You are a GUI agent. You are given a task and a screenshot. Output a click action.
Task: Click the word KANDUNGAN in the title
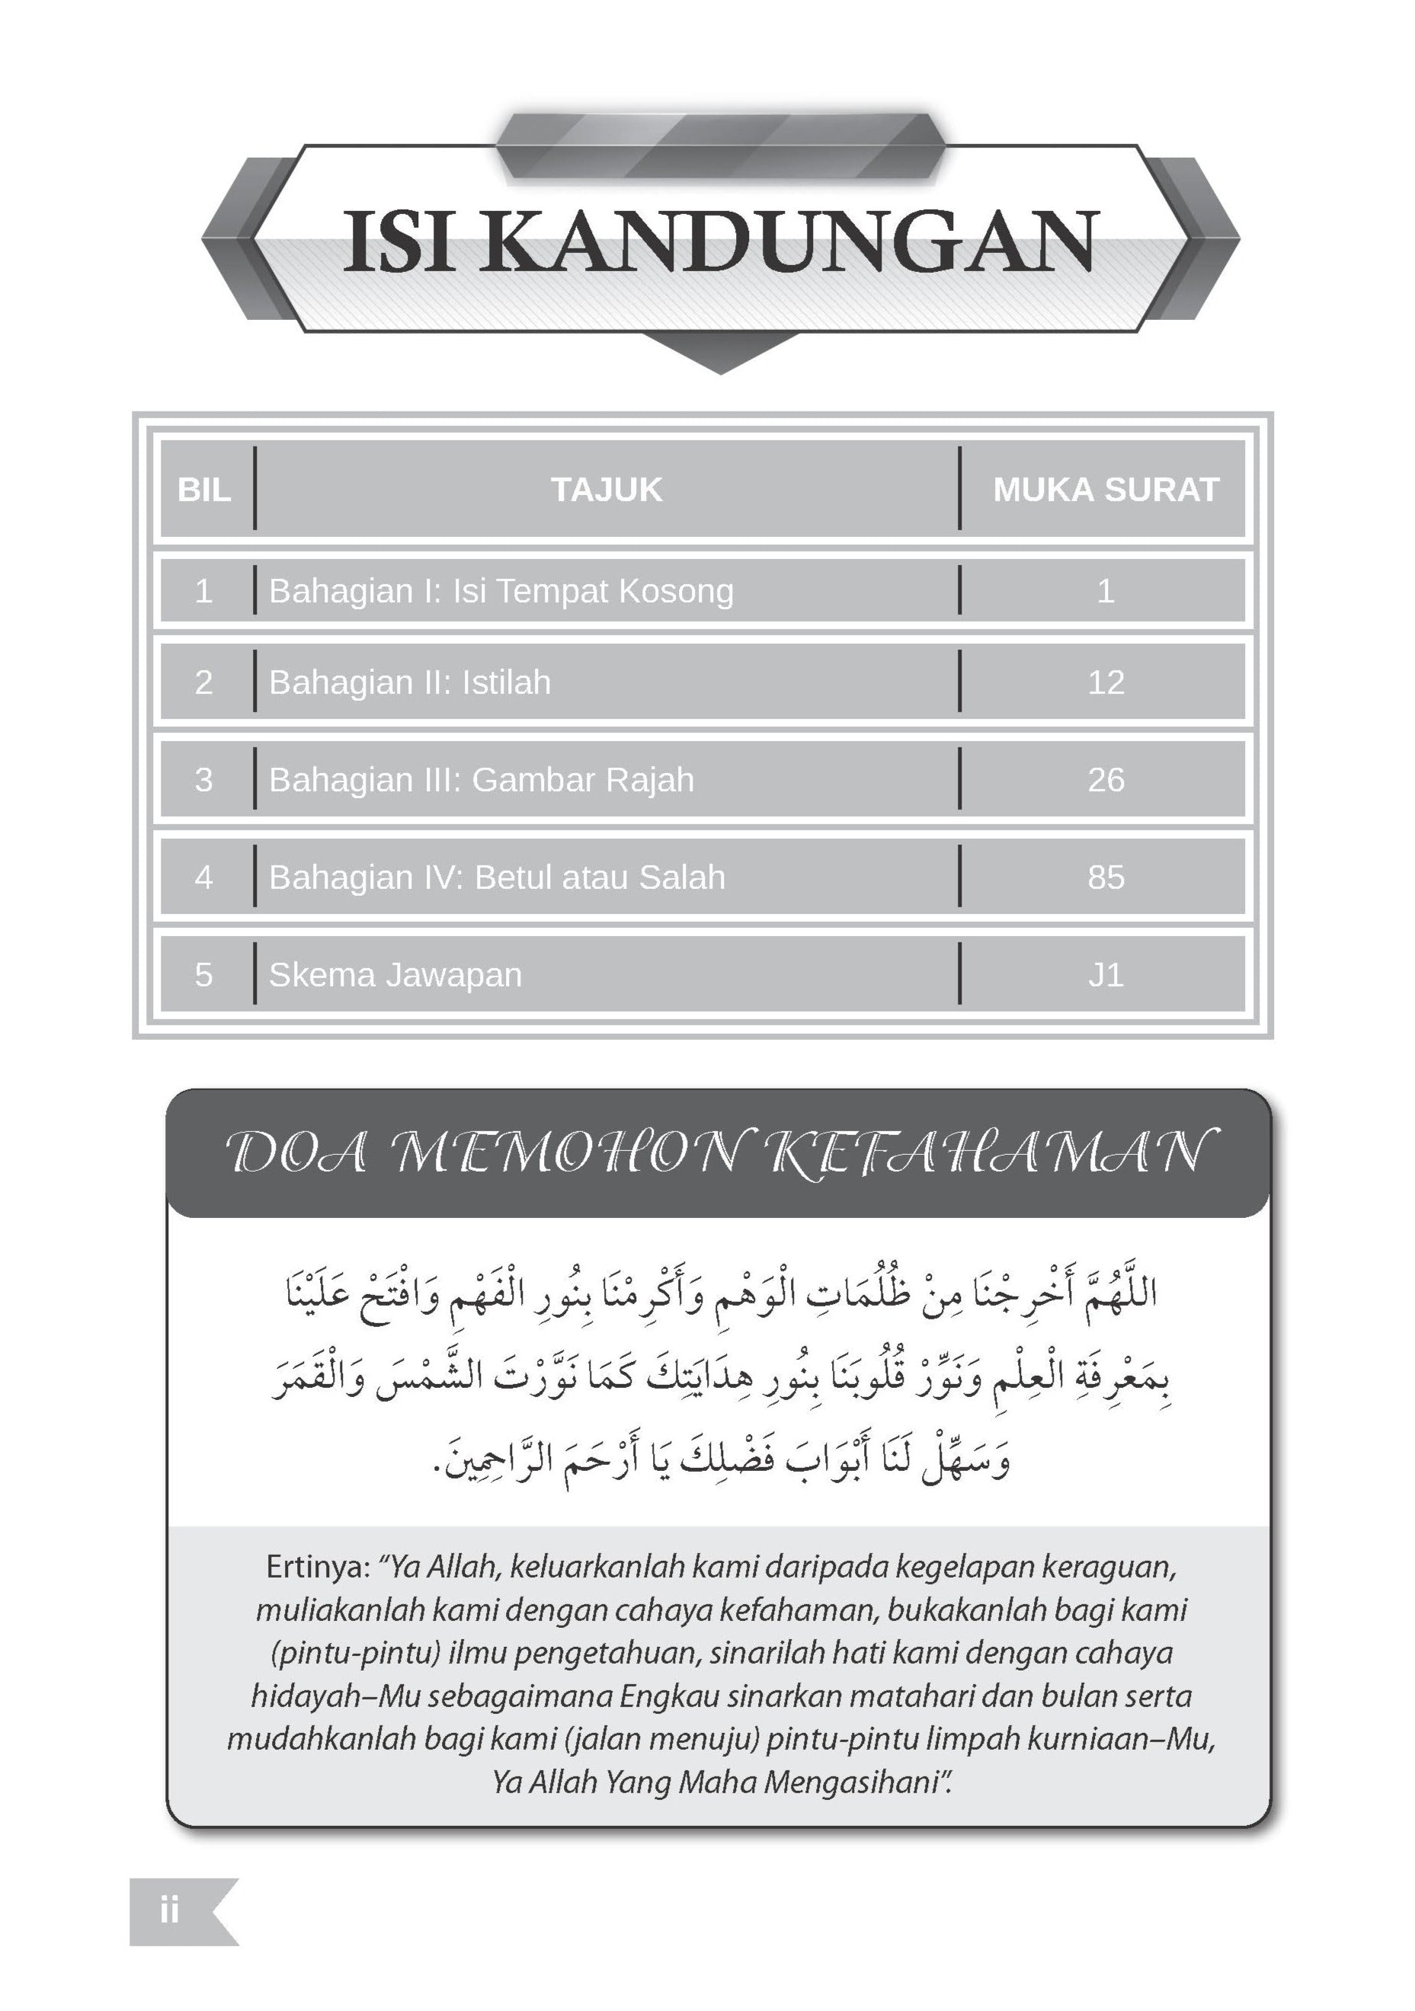790,241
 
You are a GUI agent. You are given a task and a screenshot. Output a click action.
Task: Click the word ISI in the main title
399,241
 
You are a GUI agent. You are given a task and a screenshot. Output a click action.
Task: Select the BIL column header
204,490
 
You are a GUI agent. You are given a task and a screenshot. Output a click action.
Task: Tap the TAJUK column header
607,490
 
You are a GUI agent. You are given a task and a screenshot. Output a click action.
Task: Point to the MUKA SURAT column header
1106,490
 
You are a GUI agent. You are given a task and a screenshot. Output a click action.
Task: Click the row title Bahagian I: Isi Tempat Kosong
501,591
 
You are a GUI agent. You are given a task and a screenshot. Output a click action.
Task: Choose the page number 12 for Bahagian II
1106,683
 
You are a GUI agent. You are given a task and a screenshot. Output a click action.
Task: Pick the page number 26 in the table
1106,779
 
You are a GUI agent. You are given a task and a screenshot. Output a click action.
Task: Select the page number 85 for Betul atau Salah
1106,877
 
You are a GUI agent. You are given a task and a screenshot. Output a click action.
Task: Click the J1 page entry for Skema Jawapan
1106,975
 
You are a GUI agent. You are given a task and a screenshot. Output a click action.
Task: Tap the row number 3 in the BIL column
204,779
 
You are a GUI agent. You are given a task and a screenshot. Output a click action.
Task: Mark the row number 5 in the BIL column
204,975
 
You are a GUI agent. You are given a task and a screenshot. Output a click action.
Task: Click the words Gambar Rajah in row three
583,779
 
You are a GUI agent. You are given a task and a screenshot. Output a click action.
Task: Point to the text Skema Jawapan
395,975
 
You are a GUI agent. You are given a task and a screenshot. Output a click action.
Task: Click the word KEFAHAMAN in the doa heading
992,1153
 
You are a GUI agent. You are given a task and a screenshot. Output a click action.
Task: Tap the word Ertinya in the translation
317,1567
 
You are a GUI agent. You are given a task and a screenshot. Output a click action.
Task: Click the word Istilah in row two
507,683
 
